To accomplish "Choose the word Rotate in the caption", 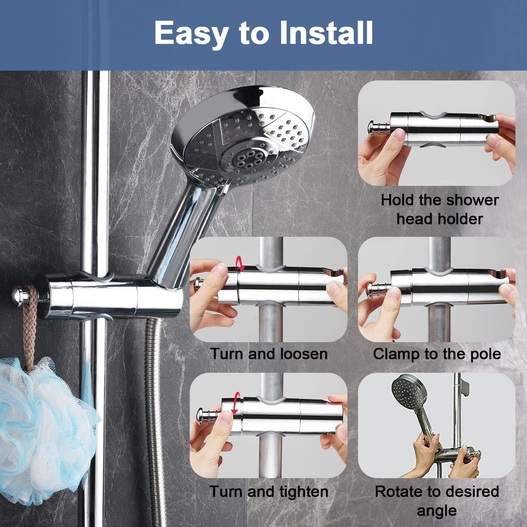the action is click(x=397, y=492).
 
